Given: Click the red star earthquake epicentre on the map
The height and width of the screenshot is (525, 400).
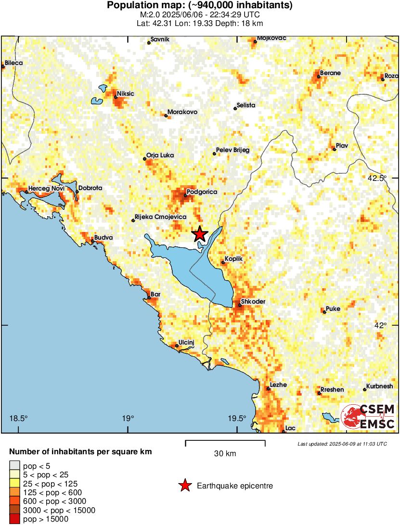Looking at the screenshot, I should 200,234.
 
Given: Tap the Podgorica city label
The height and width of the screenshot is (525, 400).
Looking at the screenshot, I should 202,192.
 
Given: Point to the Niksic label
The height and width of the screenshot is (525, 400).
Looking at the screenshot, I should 126,94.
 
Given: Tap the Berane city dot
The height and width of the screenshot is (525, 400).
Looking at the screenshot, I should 319,77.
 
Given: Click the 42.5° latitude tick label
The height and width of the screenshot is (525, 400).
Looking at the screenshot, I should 377,178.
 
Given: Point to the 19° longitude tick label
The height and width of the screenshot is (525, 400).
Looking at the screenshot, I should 128,418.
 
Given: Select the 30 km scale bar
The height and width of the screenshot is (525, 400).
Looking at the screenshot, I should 225,441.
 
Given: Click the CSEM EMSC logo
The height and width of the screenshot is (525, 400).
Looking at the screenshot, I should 368,417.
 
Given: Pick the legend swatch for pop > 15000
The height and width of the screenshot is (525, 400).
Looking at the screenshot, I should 15,519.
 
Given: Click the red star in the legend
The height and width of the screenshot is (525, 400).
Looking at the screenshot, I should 185,486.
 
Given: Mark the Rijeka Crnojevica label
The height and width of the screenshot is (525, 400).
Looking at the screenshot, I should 160,217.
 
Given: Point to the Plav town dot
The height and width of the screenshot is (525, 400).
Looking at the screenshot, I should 334,149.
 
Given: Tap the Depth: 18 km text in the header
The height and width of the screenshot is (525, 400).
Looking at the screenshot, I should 241,23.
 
